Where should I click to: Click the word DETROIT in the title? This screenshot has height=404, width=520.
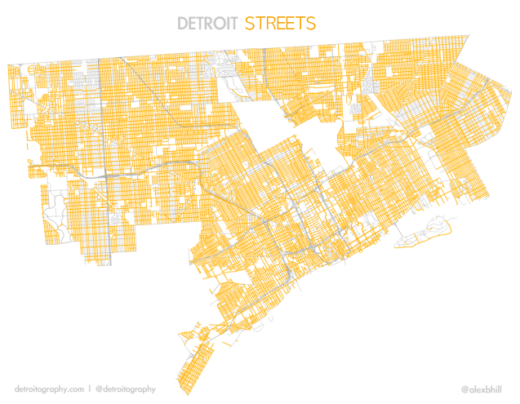coord(208,23)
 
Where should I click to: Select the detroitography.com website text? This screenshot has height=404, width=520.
coord(49,389)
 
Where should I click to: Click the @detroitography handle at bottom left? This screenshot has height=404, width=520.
coord(125,389)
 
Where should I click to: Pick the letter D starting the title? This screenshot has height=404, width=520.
coord(183,23)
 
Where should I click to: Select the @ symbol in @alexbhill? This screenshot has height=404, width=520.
coord(464,389)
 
